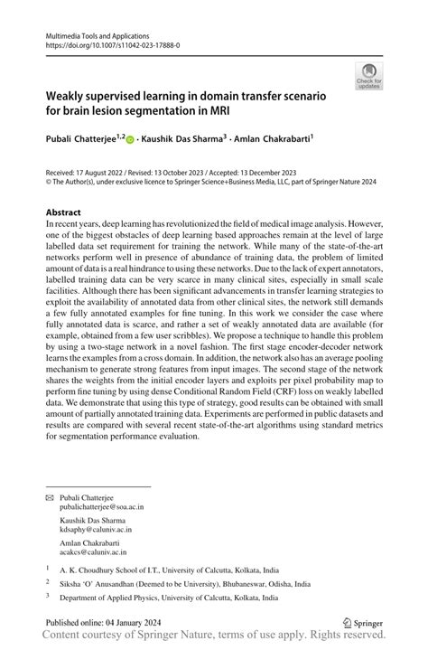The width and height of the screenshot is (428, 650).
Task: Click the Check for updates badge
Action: pos(368,77)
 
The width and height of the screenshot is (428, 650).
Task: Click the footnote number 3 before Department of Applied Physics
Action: pos(48,597)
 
